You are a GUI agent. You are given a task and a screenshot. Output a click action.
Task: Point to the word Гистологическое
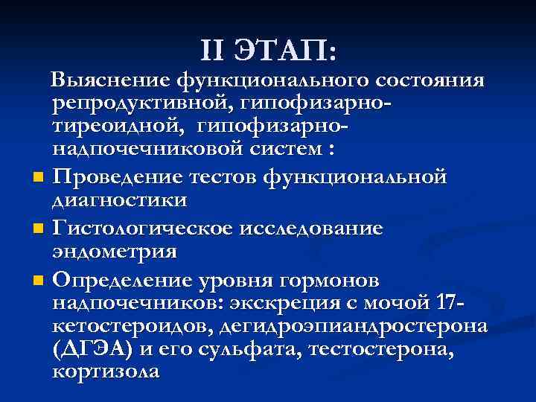click(144, 229)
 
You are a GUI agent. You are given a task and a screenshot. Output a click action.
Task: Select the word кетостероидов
click(142, 328)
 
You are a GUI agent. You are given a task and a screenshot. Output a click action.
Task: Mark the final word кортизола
click(106, 373)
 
